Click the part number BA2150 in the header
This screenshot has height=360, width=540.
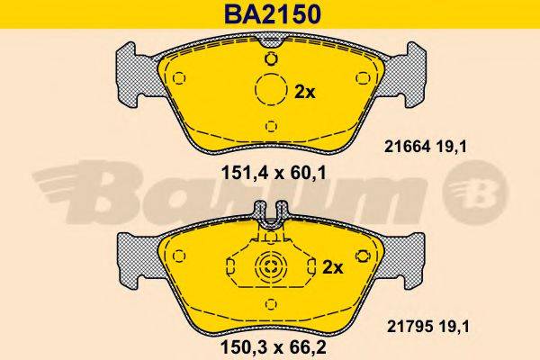tap(273, 14)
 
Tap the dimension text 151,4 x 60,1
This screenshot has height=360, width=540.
tap(274, 173)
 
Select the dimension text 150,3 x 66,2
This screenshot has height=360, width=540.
tap(273, 347)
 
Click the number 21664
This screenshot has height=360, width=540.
tap(408, 148)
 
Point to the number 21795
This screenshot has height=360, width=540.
tap(409, 327)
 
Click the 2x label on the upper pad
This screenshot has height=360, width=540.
tap(305, 93)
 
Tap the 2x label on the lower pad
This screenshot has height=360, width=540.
tap(333, 267)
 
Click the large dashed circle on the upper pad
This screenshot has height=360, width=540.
tap(272, 89)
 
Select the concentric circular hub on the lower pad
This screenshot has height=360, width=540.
tap(271, 266)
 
